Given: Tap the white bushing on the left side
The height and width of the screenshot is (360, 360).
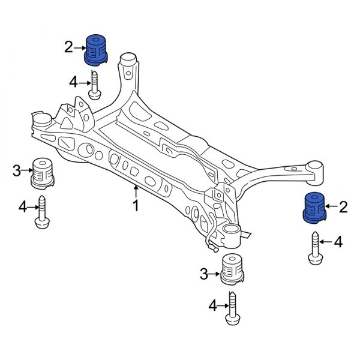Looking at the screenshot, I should [x=43, y=172].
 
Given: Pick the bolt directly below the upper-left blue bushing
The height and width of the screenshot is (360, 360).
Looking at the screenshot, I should [x=94, y=83].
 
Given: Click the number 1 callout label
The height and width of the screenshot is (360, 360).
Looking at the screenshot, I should [x=136, y=206].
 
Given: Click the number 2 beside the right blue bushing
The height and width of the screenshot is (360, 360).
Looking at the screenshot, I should [x=343, y=208].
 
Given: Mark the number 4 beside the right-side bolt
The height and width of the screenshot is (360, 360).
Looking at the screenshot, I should [x=338, y=242].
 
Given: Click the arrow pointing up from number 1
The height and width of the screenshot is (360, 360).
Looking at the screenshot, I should [x=136, y=192].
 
